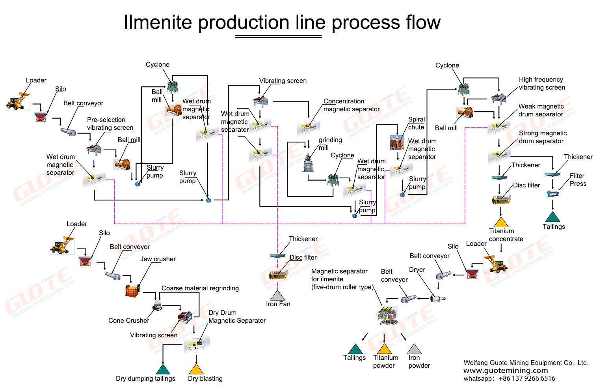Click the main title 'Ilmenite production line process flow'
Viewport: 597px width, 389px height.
282,22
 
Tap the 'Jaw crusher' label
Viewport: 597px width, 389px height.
158,259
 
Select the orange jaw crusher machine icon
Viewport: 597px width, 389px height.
132,291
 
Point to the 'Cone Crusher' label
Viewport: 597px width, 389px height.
128,321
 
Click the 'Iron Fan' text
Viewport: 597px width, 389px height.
278,304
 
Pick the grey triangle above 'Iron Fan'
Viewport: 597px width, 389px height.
277,295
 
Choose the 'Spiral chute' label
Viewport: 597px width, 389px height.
416,123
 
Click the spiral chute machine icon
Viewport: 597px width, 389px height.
397,143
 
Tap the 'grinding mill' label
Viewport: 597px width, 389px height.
330,144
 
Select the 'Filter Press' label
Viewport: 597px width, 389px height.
578,180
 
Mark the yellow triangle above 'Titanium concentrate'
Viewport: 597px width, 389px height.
501,223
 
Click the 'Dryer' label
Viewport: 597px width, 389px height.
417,270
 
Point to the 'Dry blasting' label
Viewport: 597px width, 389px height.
205,379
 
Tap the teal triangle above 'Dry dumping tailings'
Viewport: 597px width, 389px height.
163,370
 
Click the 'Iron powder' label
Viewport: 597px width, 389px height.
419,362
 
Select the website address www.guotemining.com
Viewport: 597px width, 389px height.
506,370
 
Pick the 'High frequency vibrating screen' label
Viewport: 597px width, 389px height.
541,84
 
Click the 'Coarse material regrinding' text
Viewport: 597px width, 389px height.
200,288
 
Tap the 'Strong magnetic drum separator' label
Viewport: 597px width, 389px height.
542,137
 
